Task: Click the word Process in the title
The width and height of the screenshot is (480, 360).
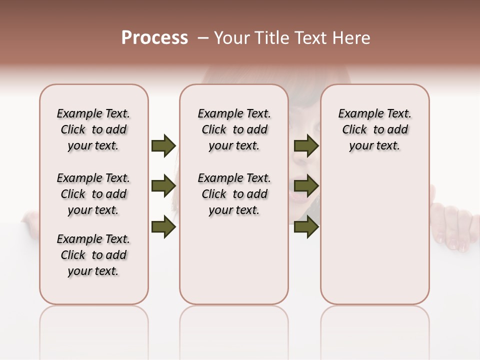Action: pos(154,38)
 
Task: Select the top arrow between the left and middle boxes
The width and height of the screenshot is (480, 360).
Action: pos(163,145)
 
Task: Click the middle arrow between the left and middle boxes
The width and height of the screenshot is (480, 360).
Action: pos(163,186)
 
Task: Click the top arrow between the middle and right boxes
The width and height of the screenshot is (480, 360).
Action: pos(306,145)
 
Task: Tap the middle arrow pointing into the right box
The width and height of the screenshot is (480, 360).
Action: pos(306,186)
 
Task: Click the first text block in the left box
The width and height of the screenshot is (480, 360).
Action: pos(93,129)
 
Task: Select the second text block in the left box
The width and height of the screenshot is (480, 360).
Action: pos(93,194)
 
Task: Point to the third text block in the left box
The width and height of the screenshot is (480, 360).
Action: pos(93,255)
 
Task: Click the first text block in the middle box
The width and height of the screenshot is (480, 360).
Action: pos(234,129)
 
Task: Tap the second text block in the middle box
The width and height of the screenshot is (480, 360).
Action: pos(234,194)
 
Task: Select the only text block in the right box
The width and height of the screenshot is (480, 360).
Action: pos(375,129)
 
